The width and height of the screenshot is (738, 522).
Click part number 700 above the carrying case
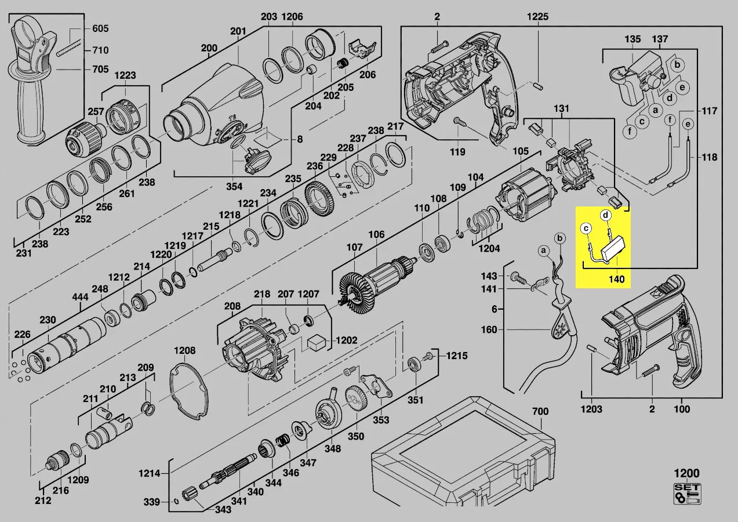540,411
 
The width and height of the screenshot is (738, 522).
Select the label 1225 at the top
537,17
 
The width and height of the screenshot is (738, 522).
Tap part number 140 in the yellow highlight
616,280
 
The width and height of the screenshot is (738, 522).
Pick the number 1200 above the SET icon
686,473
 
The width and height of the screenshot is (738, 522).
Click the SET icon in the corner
687,494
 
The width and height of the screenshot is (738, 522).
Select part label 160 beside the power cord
490,329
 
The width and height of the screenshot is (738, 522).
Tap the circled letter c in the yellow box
586,229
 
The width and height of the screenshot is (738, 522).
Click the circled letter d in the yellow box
606,215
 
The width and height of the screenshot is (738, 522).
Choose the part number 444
80,298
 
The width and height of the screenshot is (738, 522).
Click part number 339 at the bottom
152,501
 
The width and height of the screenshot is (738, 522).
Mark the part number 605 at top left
100,28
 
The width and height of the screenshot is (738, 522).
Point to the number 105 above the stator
520,151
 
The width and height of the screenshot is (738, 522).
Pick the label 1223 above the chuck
125,75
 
